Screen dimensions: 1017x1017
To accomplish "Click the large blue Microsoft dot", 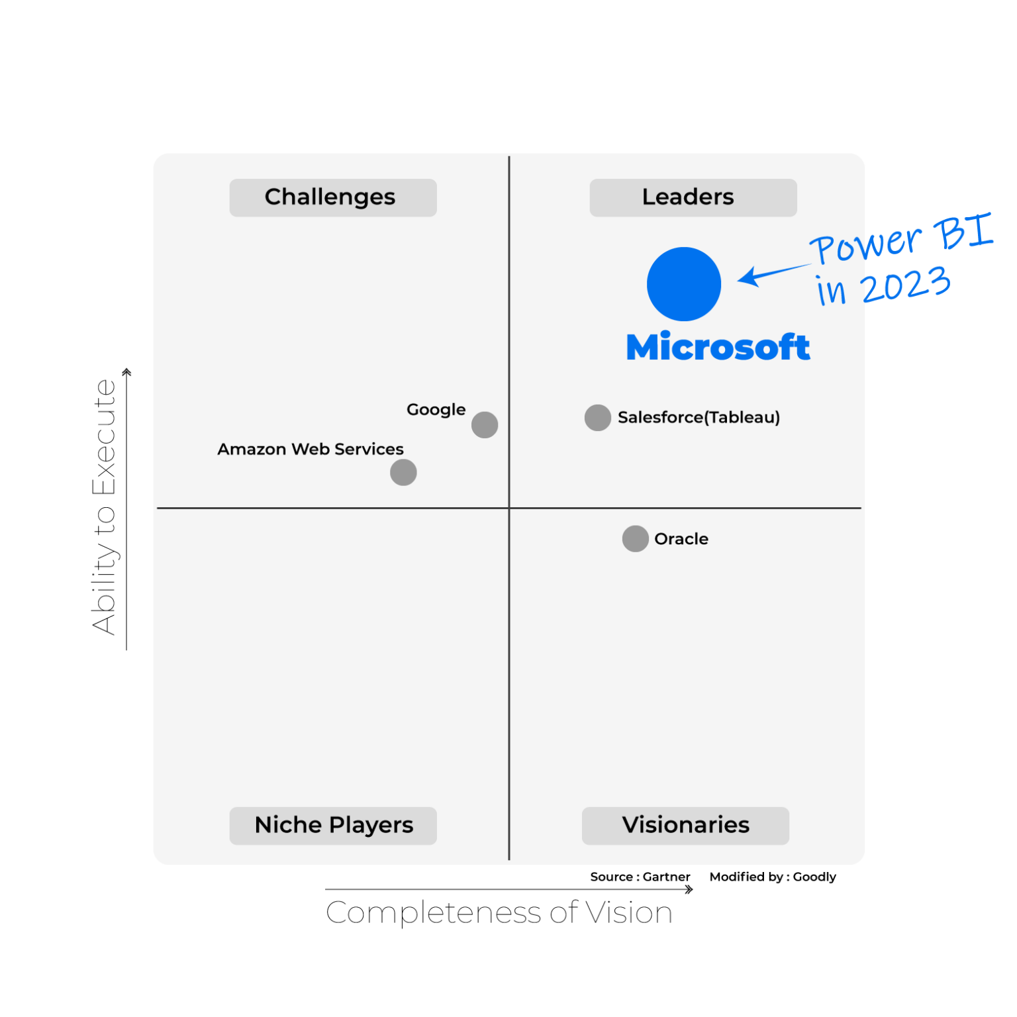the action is (x=683, y=284).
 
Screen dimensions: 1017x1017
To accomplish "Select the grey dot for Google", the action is (x=485, y=424).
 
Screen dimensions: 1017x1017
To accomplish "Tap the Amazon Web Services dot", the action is (x=403, y=472).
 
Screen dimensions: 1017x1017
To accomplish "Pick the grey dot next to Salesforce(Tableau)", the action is (x=598, y=418).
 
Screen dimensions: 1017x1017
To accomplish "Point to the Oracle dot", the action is (x=636, y=538).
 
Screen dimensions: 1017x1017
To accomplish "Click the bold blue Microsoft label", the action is (x=718, y=347).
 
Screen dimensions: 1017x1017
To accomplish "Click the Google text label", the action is (x=436, y=410).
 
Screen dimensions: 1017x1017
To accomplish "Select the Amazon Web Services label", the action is (x=311, y=449).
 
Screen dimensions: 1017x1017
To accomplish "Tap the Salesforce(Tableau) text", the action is (x=699, y=417).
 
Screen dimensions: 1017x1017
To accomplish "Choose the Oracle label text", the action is (x=681, y=539).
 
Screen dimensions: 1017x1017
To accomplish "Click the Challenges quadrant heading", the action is (x=330, y=197).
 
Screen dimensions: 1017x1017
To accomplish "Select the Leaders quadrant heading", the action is (x=688, y=197).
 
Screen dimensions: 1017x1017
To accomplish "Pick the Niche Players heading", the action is (x=334, y=825).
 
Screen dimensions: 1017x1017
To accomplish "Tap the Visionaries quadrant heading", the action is (x=686, y=825).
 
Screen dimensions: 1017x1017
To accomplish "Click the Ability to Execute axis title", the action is (x=105, y=507).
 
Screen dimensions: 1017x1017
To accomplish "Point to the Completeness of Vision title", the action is (x=499, y=912).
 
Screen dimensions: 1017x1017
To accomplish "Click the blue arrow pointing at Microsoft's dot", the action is (x=773, y=273).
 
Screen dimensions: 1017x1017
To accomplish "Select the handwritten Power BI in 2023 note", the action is (x=902, y=260).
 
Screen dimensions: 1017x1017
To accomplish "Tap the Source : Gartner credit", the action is (x=640, y=877).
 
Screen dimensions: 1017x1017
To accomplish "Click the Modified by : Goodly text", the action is (x=773, y=877).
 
